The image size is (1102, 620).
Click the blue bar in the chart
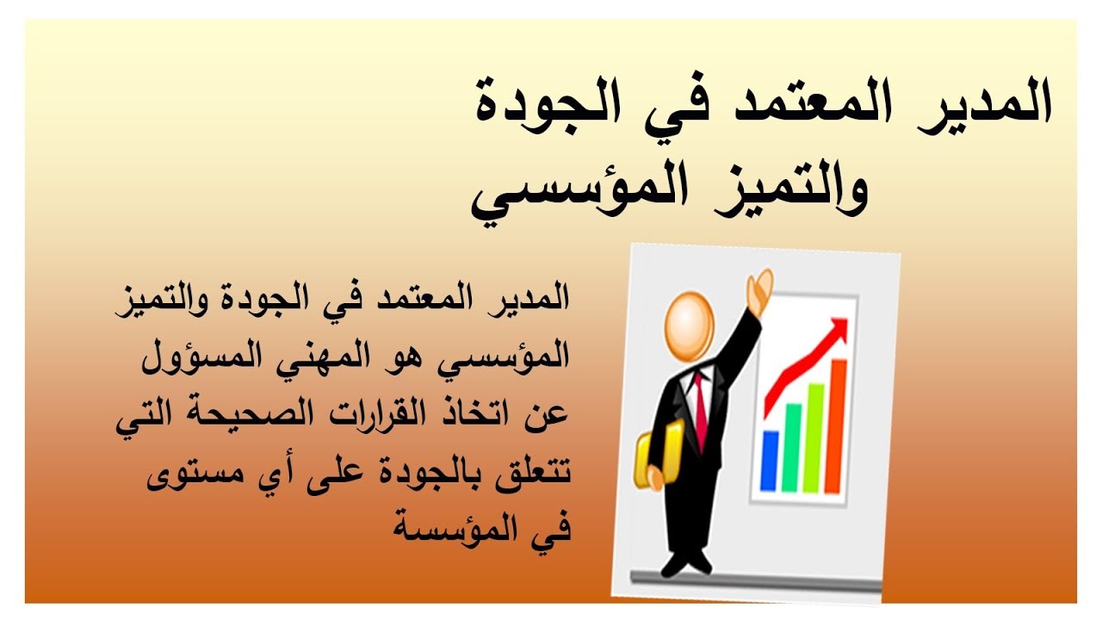point(770,461)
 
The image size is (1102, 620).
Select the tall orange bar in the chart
point(834,426)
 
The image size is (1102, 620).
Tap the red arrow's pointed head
point(839,328)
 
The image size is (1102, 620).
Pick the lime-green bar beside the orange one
point(813,438)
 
